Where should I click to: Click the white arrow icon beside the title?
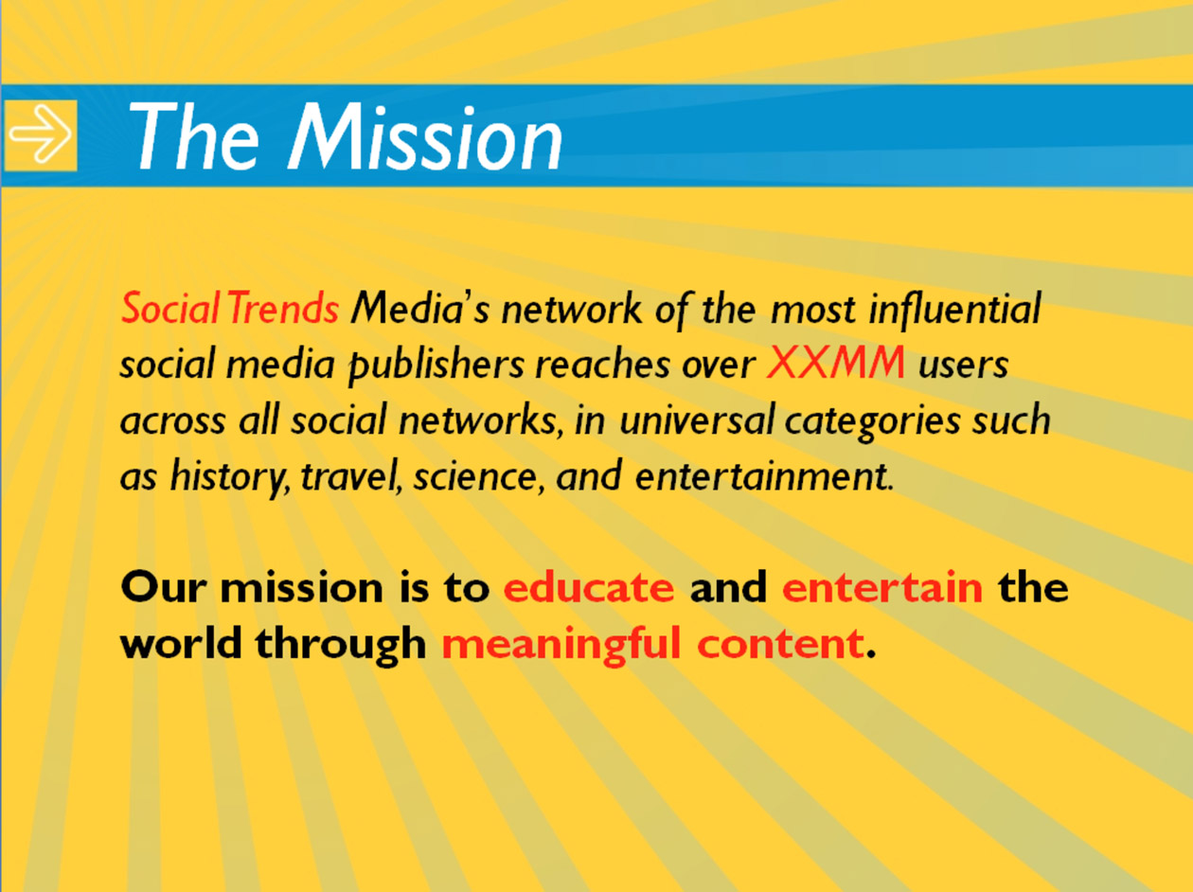41,135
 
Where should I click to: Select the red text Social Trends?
229,309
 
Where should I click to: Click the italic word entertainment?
763,476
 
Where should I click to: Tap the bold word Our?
161,587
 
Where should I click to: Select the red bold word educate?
588,587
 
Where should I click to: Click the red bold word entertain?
882,587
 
